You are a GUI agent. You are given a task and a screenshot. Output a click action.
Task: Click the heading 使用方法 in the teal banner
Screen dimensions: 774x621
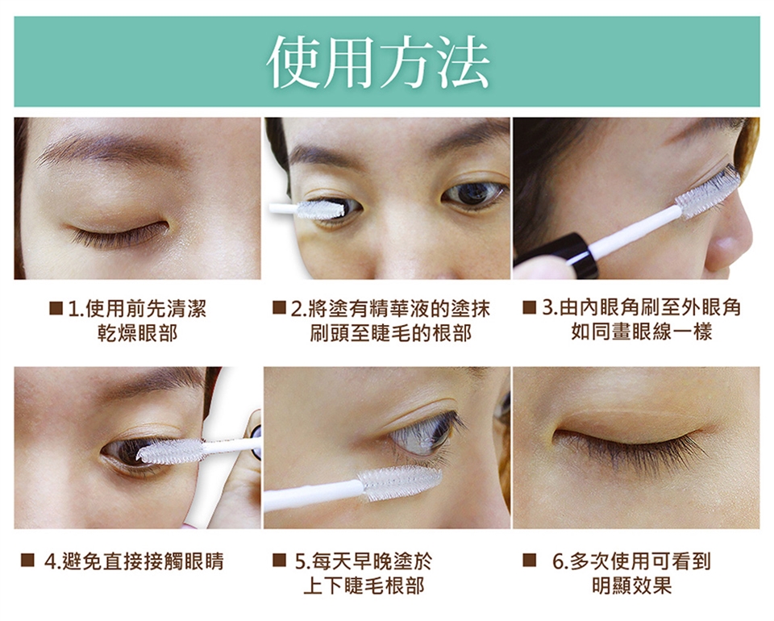(x=378, y=62)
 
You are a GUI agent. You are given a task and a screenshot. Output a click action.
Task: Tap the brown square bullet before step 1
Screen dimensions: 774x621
(x=56, y=309)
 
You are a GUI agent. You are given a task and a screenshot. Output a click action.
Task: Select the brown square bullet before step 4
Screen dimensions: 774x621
(x=27, y=561)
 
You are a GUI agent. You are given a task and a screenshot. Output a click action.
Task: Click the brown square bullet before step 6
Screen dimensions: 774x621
(x=529, y=561)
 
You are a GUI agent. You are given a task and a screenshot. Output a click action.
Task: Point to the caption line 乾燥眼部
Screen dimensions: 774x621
(x=137, y=334)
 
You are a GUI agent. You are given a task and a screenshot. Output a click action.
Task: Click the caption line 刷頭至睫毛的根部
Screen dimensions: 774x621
(x=391, y=334)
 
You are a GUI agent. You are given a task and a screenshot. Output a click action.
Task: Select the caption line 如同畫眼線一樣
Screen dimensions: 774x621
(x=642, y=332)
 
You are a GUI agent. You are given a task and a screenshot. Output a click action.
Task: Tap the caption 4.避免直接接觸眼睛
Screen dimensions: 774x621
(x=134, y=561)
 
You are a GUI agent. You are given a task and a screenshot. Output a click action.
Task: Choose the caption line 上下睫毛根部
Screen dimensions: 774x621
(x=364, y=586)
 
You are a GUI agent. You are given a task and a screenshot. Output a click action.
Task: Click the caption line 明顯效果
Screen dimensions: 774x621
(x=632, y=586)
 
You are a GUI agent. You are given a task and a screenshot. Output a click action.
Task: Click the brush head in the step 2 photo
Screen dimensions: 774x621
(x=321, y=210)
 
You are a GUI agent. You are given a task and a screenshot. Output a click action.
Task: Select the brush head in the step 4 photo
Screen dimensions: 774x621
(x=169, y=450)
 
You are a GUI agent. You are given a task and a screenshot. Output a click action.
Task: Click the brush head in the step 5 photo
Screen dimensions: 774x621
(x=400, y=482)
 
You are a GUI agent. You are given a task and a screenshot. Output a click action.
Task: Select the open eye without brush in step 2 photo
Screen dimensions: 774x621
(x=473, y=194)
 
